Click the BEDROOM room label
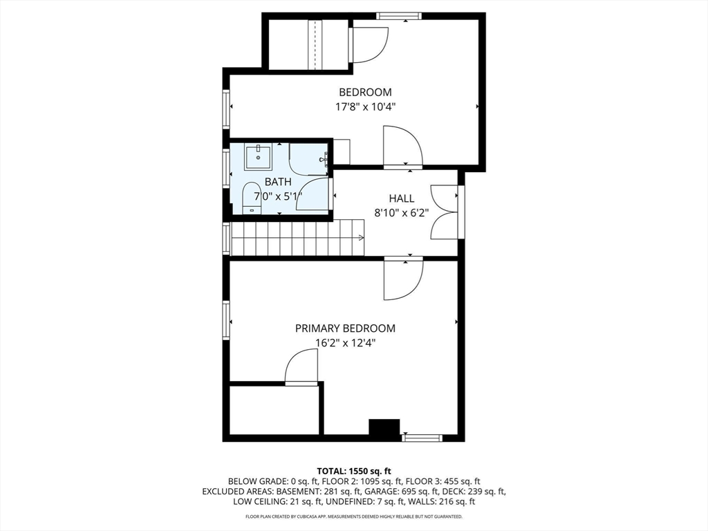pos(364,92)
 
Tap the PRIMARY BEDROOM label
pos(345,328)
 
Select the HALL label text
pos(401,198)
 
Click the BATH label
pos(278,182)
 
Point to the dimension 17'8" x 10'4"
pos(364,107)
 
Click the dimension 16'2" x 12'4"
pos(345,343)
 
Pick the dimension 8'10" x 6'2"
pos(401,213)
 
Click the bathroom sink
pos(259,156)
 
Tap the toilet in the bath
pos(252,198)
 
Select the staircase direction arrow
pos(360,239)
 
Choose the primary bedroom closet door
pos(301,367)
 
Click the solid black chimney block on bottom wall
pos(384,429)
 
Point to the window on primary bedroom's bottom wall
pos(422,438)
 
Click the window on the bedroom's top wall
pos(398,16)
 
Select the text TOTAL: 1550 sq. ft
pos(353,470)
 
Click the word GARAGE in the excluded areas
pos(373,492)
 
